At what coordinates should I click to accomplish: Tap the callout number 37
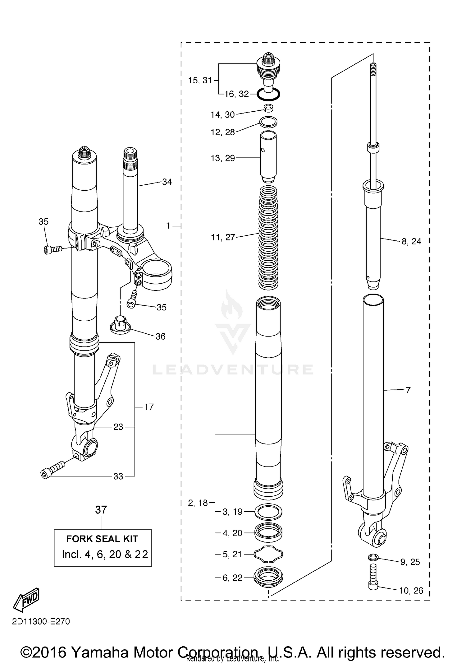[x=101, y=510]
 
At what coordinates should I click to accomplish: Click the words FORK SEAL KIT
[x=102, y=539]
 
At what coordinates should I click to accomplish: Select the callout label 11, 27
[x=223, y=237]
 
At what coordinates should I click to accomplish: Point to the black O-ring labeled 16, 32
[x=268, y=94]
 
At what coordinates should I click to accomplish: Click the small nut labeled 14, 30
[x=268, y=108]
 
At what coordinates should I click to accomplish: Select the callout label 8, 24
[x=411, y=241]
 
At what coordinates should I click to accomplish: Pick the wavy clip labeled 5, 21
[x=268, y=554]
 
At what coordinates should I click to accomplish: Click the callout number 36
[x=160, y=336]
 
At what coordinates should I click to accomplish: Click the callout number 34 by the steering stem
[x=167, y=182]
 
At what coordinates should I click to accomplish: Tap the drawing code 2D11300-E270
[x=41, y=621]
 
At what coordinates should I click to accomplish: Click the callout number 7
[x=408, y=390]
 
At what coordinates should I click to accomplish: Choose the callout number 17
[x=149, y=406]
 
